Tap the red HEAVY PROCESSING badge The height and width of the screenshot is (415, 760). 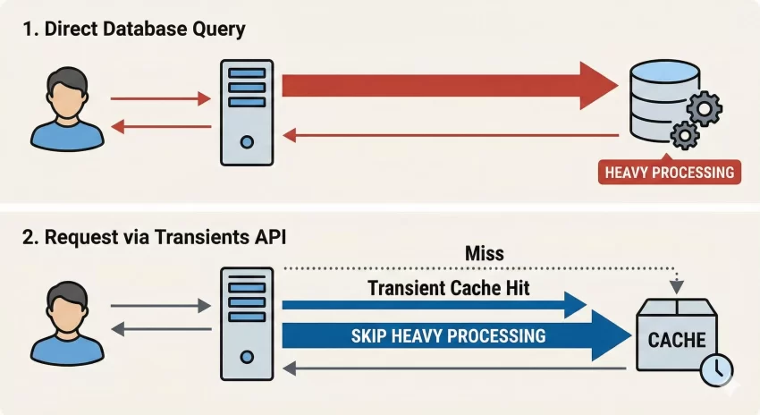(x=670, y=172)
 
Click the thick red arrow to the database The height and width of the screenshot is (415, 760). (x=447, y=87)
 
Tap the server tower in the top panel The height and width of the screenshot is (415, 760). (x=246, y=112)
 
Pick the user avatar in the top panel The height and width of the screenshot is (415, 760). (x=67, y=112)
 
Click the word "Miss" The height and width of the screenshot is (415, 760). (x=484, y=254)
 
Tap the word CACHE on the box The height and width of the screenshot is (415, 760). (x=676, y=340)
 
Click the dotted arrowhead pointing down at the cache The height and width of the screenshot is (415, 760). (x=677, y=286)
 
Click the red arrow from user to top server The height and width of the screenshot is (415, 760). (x=158, y=99)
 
